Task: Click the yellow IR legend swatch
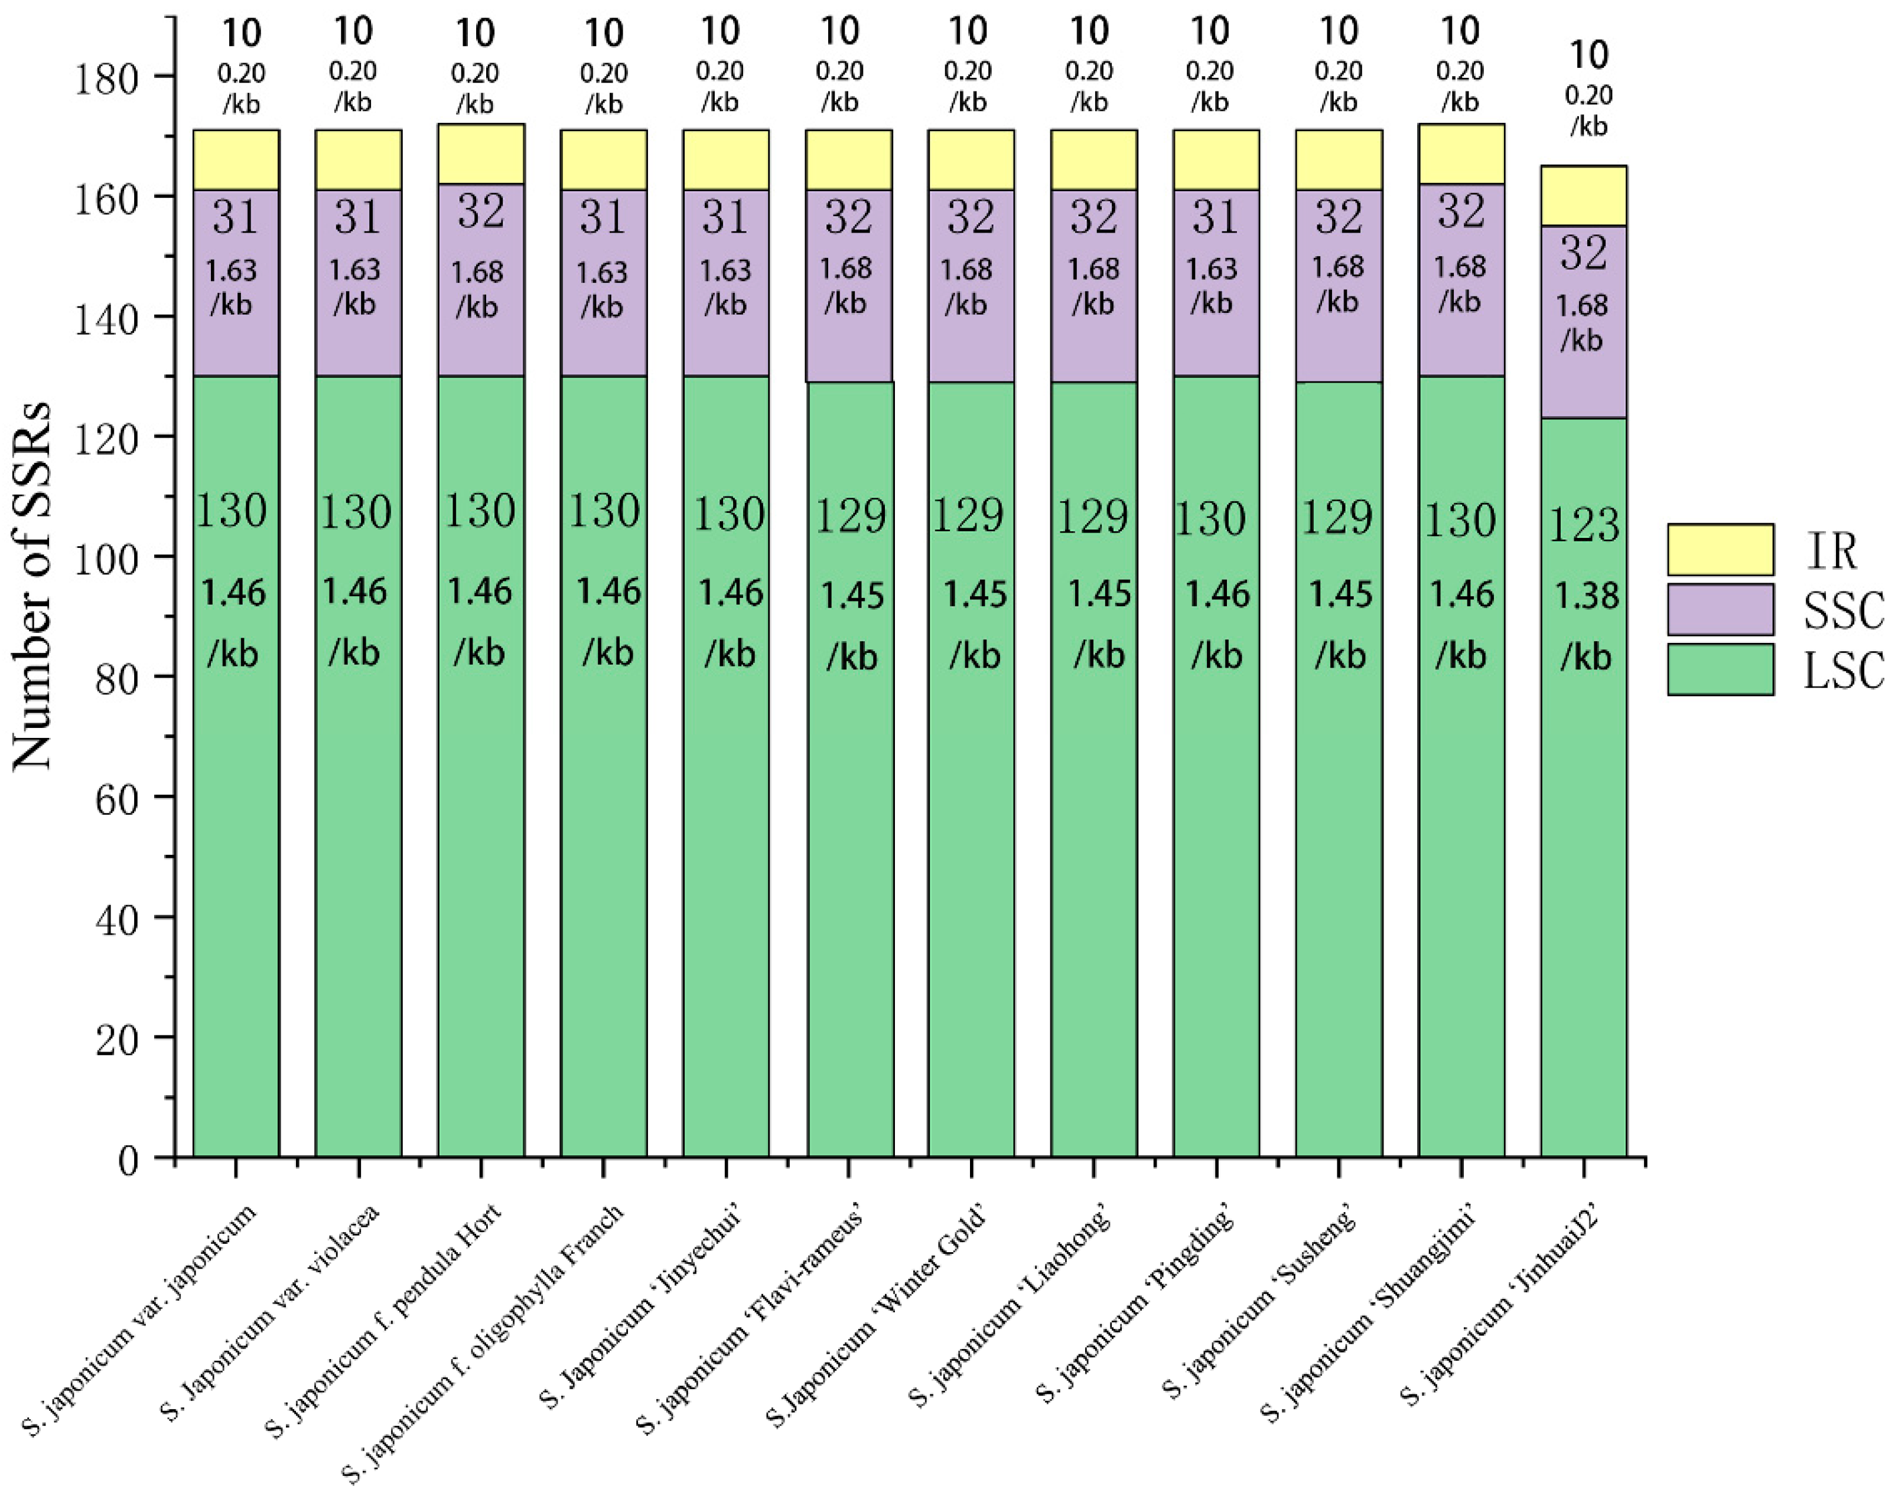tap(1720, 549)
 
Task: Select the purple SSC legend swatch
tap(1720, 610)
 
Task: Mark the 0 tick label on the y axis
tap(128, 1161)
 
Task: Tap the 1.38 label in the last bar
tap(1586, 596)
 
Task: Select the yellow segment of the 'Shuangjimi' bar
tap(1461, 154)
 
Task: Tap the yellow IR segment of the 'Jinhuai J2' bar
tap(1583, 195)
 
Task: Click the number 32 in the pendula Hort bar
tap(481, 211)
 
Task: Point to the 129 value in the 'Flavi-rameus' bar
tap(850, 516)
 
